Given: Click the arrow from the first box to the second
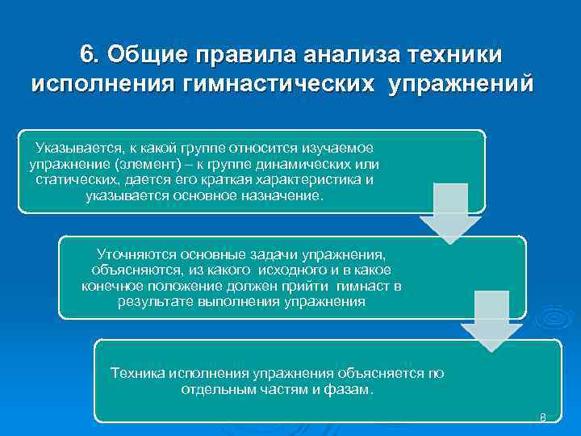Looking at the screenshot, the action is click(x=449, y=212).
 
